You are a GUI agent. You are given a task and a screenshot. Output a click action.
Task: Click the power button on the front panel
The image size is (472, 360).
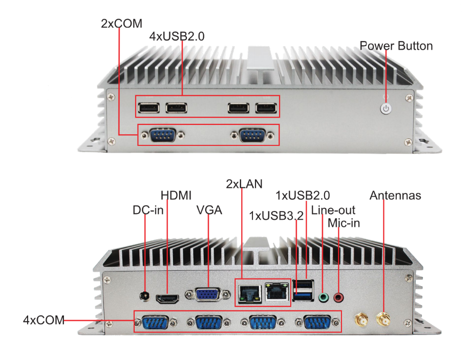point(386,109)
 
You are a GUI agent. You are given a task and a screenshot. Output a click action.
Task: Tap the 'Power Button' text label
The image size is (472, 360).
point(396,46)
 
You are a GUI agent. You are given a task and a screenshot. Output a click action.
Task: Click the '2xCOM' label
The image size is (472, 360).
point(121,23)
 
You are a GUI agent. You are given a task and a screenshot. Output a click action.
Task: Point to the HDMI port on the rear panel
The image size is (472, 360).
point(167,298)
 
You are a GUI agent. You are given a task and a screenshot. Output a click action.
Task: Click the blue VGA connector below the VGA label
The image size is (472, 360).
point(207,295)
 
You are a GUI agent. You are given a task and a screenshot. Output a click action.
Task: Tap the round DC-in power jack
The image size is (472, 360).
point(145,297)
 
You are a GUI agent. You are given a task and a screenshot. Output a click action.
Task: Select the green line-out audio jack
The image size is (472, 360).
point(323,297)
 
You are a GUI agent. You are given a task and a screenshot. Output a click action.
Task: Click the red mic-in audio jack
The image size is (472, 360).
point(339,297)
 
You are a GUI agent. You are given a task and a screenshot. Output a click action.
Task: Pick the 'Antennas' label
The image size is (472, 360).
point(395,196)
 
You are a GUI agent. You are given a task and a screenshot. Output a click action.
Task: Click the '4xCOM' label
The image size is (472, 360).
point(44,321)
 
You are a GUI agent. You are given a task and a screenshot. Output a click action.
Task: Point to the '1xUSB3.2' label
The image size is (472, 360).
point(276,216)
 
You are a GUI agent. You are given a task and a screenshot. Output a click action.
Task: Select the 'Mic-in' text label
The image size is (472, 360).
point(344,223)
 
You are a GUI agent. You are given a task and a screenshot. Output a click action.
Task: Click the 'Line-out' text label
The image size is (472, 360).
point(333,210)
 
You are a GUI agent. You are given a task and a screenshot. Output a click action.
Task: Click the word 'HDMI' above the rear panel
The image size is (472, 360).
point(176,196)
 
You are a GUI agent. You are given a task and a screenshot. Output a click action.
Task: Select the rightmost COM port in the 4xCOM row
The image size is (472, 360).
point(316,323)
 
